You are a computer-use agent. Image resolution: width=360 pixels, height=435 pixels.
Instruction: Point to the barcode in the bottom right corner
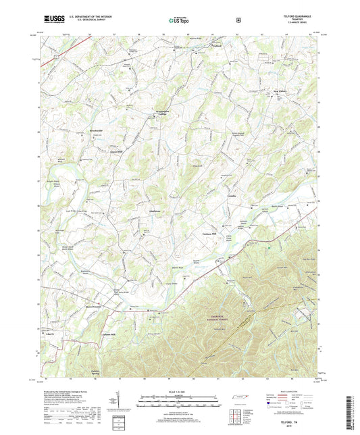tap(349, 412)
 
